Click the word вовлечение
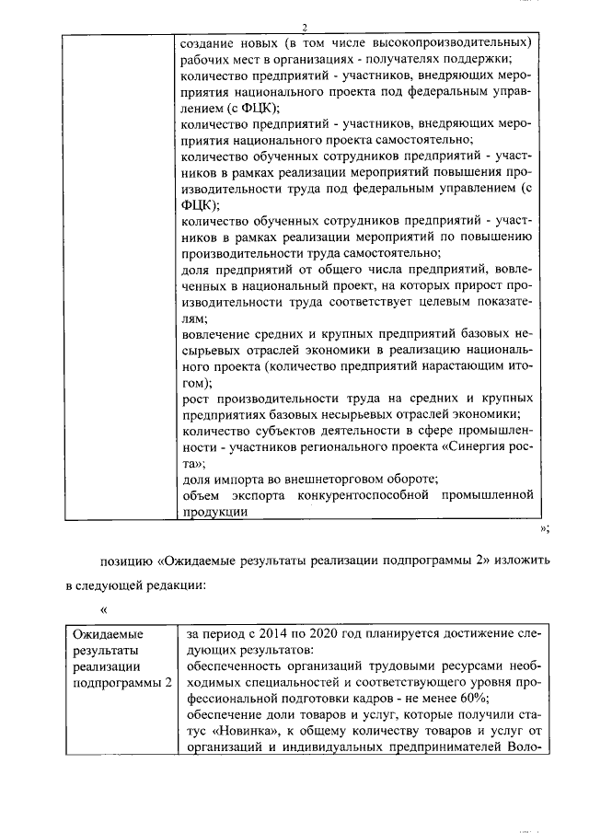214,331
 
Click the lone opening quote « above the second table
104,609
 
